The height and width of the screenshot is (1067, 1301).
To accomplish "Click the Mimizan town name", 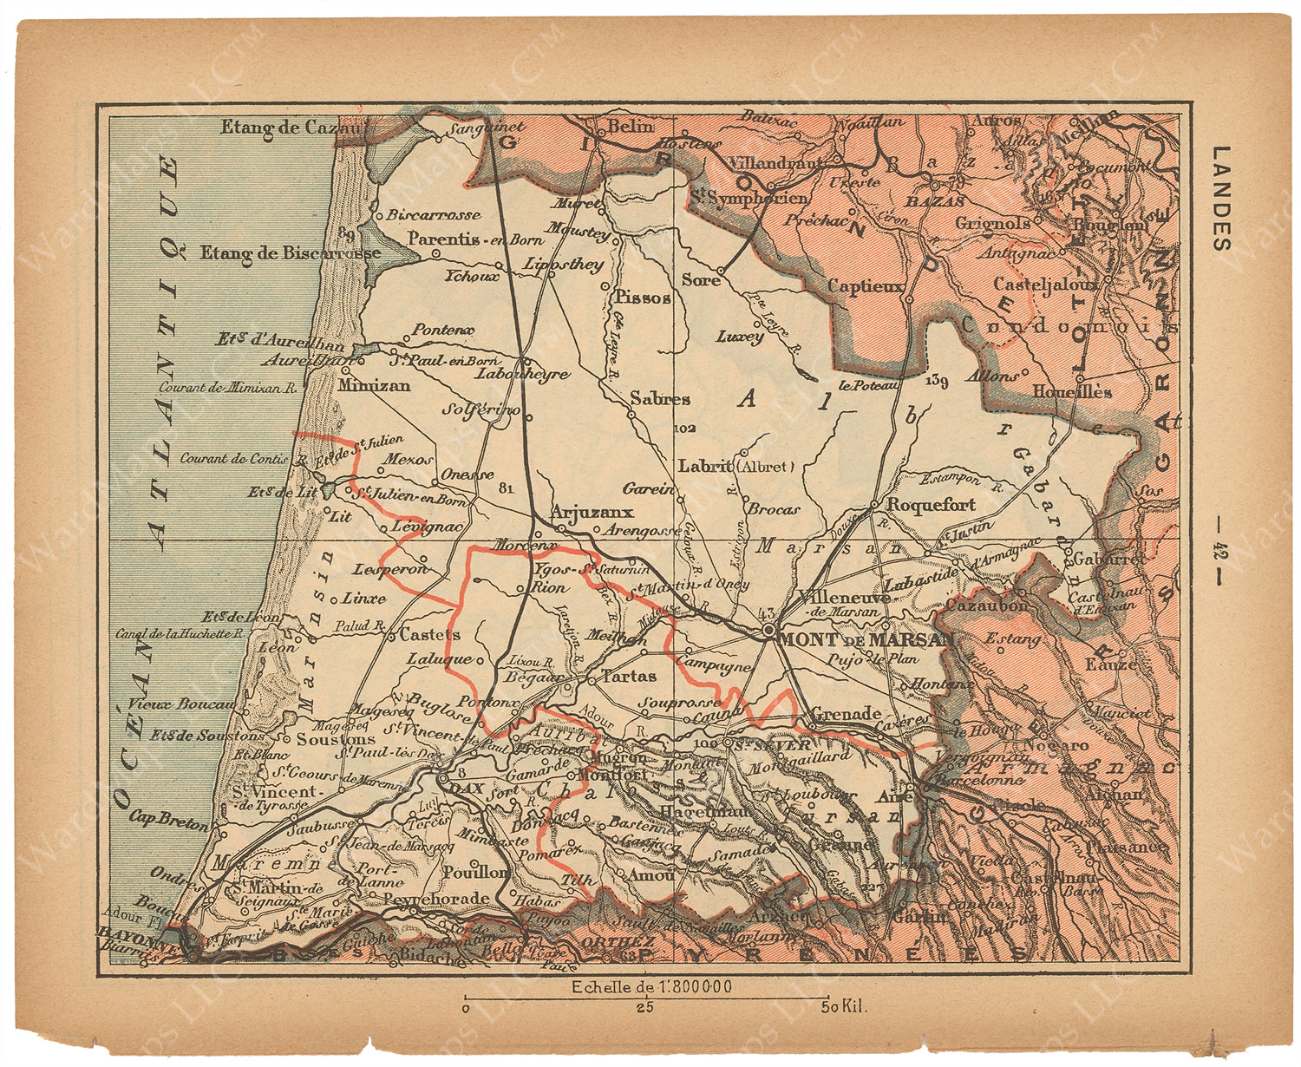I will [x=375, y=385].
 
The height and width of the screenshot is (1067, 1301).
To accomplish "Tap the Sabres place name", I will [x=660, y=399].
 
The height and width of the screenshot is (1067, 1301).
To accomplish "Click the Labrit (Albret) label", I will [x=735, y=466].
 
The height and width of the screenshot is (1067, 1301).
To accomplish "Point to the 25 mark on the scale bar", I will [x=644, y=1007].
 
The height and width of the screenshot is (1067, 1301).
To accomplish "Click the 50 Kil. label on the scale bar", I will [x=844, y=1007].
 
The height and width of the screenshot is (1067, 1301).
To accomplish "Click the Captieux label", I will [x=865, y=286].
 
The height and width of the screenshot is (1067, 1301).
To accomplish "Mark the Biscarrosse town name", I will [x=434, y=214].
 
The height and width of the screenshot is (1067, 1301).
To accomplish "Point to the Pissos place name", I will [x=642, y=298].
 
